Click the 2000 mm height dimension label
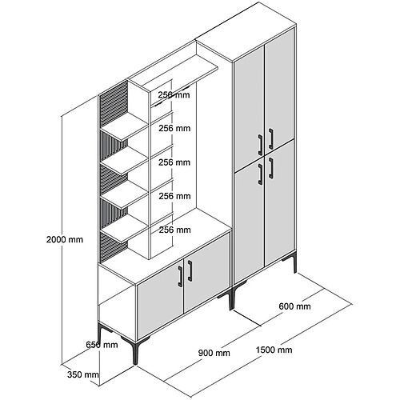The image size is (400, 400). pos(65,239)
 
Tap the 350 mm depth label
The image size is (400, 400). pos(83,374)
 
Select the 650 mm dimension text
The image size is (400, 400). pos(102,345)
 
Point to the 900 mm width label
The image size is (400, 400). pos(214,353)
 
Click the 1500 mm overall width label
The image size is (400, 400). pos(274,350)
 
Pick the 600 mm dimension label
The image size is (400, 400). pos(294,306)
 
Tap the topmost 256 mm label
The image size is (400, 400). pos(174,94)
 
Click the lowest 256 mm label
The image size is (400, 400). pos(175,230)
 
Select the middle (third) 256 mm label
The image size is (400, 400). pos(174,162)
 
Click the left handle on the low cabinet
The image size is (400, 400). pos(180,276)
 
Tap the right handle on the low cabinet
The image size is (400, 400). pos(190,270)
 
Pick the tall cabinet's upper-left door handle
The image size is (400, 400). pos(261,145)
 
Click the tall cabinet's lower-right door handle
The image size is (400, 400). pos(271,168)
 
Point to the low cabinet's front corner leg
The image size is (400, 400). pos(135,353)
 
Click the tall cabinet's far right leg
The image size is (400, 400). pos(294,262)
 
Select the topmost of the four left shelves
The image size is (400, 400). pos(125,126)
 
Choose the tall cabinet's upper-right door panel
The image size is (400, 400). pos(279,93)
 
